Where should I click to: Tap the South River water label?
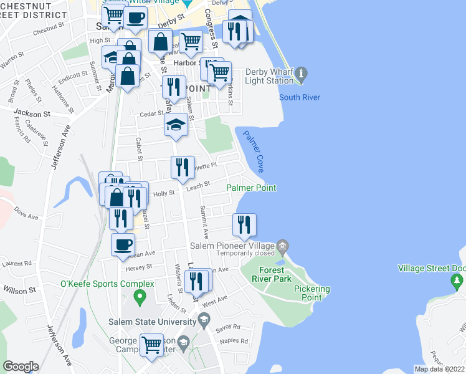coord(299,97)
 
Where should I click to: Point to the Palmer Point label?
coord(251,188)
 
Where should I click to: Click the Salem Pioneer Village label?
coord(246,245)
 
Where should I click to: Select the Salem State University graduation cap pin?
coord(204,321)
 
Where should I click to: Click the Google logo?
coord(21,367)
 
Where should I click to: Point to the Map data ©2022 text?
coord(439,369)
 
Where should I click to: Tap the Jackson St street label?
coord(32,114)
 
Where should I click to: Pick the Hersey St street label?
coord(139,267)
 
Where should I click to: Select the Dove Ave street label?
coord(26,210)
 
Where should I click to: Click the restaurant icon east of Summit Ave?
coord(244,224)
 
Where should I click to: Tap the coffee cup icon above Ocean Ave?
coord(123,244)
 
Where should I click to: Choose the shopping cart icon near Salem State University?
coord(152,345)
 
